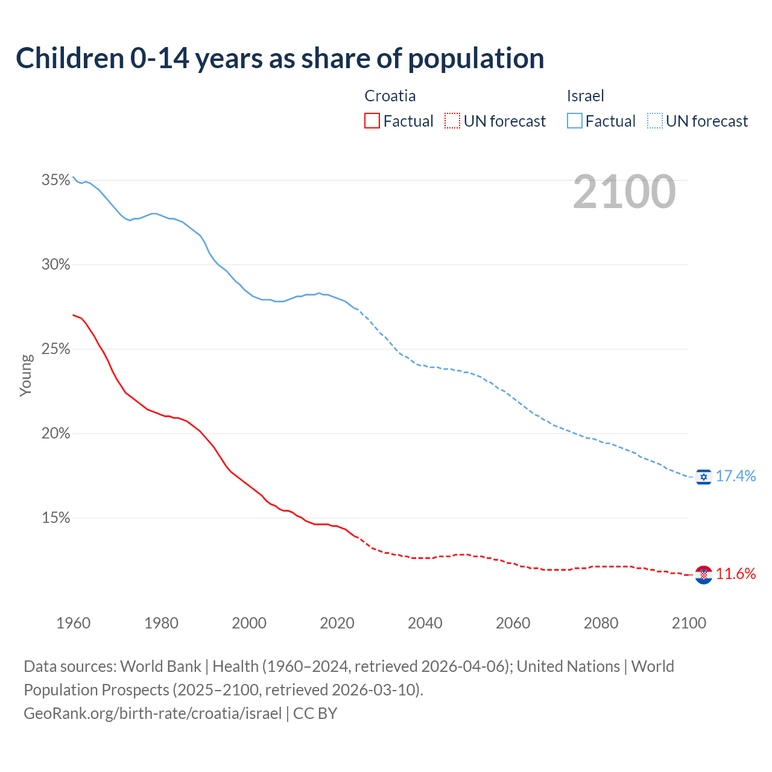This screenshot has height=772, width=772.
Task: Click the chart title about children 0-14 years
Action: click(280, 59)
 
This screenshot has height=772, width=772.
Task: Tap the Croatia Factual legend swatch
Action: click(372, 121)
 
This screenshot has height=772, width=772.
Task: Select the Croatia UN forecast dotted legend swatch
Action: click(452, 121)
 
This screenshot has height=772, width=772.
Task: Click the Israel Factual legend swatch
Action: click(575, 121)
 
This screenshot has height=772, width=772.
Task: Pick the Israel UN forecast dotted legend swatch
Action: click(655, 121)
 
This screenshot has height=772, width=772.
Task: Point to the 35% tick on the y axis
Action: click(55, 180)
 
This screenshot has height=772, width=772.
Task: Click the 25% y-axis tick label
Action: click(55, 349)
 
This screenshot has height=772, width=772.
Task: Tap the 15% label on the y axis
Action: click(55, 518)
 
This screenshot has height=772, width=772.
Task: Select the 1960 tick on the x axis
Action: click(73, 623)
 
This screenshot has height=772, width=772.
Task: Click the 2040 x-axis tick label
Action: click(425, 623)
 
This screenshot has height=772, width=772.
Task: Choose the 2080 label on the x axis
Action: click(601, 623)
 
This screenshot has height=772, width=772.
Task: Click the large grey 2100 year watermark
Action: click(624, 192)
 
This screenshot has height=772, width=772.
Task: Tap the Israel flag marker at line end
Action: click(703, 476)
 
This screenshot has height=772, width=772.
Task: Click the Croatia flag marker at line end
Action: click(703, 575)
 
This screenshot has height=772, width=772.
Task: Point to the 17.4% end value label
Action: click(736, 476)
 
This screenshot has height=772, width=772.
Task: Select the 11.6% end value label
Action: click(736, 574)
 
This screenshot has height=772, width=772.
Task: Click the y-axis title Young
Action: click(26, 375)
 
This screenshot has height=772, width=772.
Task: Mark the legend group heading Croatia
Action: click(390, 96)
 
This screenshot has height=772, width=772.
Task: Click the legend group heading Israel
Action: click(585, 96)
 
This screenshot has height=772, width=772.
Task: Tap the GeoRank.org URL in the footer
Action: click(153, 713)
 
